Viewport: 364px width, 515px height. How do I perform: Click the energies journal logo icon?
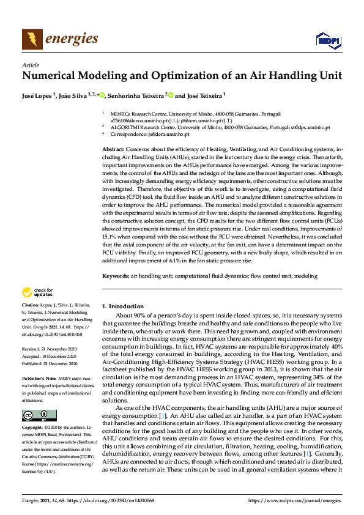click(32, 40)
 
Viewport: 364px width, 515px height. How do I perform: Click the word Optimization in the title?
click(165, 76)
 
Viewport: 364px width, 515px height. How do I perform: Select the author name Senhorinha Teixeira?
click(138, 95)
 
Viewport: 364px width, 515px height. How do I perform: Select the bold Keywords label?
click(115, 276)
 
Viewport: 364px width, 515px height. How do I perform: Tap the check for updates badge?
click(38, 292)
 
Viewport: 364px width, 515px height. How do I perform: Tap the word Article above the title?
click(30, 65)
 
